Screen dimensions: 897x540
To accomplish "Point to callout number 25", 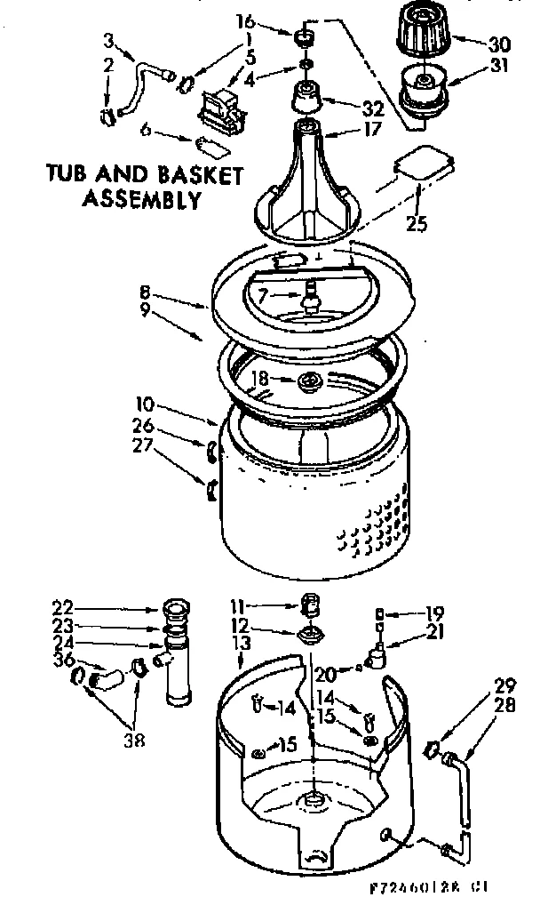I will point(417,224).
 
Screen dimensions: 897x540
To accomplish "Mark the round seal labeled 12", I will point(311,634).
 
